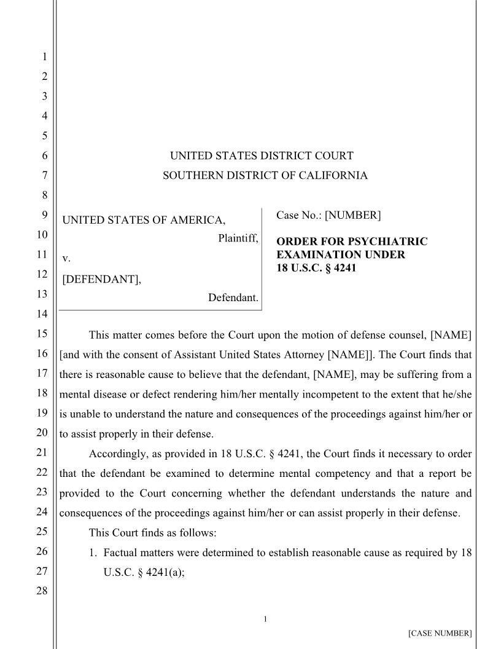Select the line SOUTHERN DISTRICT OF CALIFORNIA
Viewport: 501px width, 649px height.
click(265, 176)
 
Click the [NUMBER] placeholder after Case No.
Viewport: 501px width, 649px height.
click(352, 215)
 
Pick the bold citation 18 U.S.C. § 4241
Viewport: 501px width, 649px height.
click(316, 267)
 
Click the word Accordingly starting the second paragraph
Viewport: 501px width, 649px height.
click(118, 454)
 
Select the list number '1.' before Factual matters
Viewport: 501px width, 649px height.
click(95, 552)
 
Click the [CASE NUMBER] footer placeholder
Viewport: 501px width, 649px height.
click(440, 633)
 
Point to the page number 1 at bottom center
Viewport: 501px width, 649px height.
click(265, 619)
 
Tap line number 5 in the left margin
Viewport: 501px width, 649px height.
click(44, 136)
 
